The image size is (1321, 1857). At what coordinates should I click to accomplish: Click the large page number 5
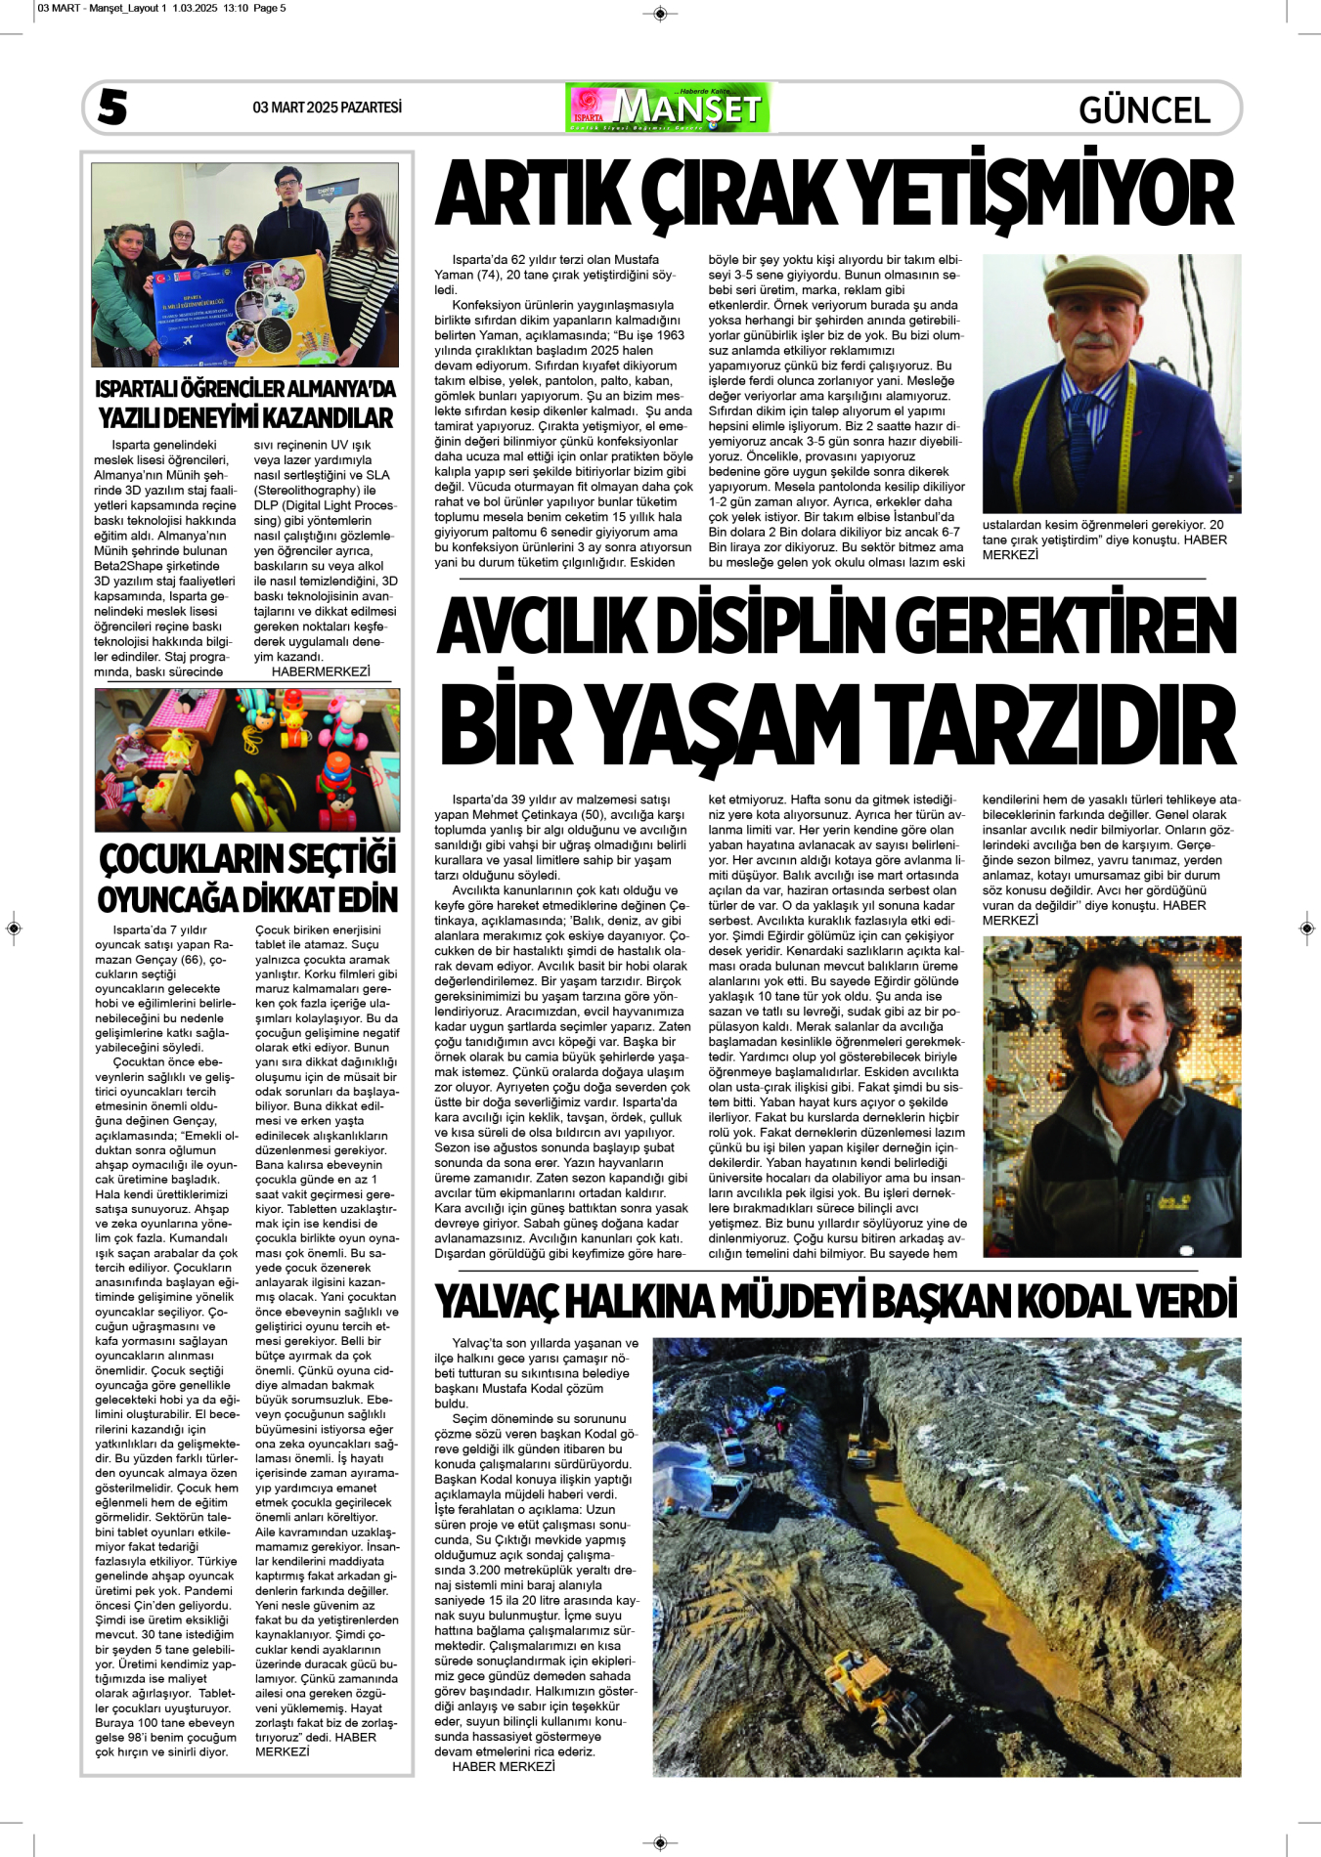point(112,108)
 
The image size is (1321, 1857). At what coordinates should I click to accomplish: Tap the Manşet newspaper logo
point(668,108)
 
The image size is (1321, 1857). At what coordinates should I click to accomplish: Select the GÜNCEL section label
point(1144,109)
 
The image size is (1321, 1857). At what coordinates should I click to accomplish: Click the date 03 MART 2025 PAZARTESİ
point(327,108)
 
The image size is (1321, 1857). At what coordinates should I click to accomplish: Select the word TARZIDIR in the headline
point(1054,725)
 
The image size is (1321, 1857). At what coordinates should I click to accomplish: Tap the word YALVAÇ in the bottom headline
point(495,1302)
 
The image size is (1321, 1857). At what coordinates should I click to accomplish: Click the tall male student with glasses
point(290,215)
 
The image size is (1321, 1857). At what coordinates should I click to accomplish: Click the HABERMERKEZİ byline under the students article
point(321,671)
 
